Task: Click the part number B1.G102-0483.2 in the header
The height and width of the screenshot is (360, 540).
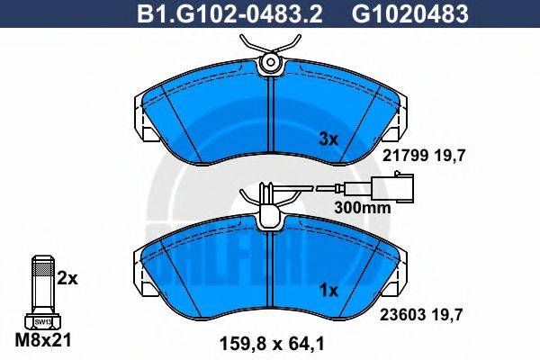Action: tap(229, 13)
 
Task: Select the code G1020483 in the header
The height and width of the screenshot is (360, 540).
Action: tap(409, 13)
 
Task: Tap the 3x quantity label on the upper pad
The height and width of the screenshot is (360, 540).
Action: tap(328, 139)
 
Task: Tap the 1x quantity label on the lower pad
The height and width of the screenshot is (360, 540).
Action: tap(328, 291)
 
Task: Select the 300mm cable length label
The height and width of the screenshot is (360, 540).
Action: tap(363, 208)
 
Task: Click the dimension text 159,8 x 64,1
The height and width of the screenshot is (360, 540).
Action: tap(272, 344)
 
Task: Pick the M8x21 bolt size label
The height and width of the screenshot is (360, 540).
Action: tap(43, 340)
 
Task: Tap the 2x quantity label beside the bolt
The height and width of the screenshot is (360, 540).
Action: tap(67, 279)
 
